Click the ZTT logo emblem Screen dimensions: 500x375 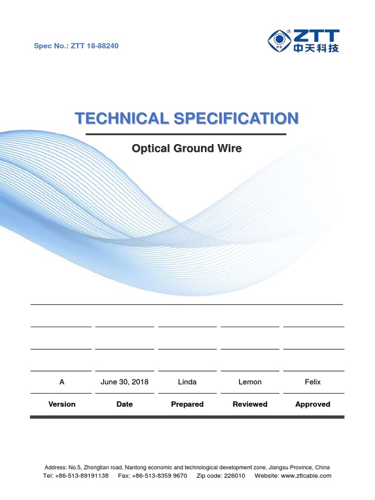pyautogui.click(x=280, y=41)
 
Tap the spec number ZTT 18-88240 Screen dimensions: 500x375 pyautogui.click(x=95, y=46)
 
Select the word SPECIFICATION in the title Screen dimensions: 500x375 pyautogui.click(x=234, y=118)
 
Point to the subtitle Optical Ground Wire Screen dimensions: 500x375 pyautogui.click(x=187, y=148)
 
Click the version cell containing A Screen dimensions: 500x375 pyautogui.click(x=62, y=382)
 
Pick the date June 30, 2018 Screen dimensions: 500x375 pyautogui.click(x=125, y=382)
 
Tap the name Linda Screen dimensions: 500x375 pyautogui.click(x=187, y=382)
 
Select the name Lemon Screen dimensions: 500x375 pyautogui.click(x=250, y=382)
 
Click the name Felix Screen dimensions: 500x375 pyautogui.click(x=313, y=382)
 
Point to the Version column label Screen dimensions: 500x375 pyautogui.click(x=62, y=404)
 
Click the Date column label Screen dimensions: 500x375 pyautogui.click(x=125, y=404)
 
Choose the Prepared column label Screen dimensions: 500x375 pyautogui.click(x=187, y=404)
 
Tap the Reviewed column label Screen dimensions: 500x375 pyautogui.click(x=250, y=404)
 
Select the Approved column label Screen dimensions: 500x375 pyautogui.click(x=313, y=404)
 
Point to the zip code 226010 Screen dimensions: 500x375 pyautogui.click(x=234, y=476)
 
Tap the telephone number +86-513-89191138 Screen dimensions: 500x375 pyautogui.click(x=83, y=476)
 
